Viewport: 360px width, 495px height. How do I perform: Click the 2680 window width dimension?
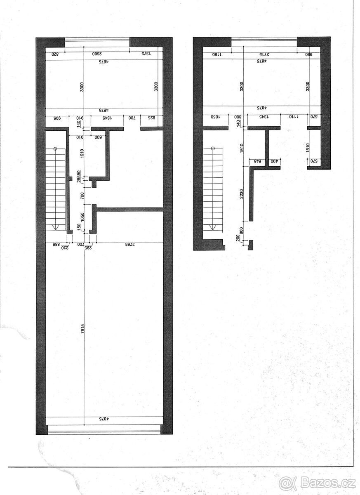pos(96,54)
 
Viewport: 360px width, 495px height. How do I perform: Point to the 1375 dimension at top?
pos(147,54)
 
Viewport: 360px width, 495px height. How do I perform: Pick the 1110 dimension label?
pos(293,117)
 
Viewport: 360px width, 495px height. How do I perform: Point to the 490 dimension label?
pos(273,161)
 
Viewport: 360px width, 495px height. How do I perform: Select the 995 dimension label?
pos(56,118)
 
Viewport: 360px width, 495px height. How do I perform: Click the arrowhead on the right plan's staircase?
pos(213,226)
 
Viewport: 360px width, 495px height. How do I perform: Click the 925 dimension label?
pos(151,118)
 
